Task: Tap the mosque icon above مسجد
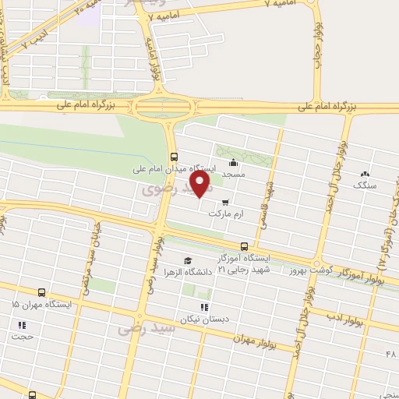(234, 163)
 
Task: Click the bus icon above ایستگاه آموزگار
(244, 245)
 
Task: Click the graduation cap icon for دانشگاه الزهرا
(186, 260)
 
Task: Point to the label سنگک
(364, 185)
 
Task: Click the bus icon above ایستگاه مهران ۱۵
(41, 292)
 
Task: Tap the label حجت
(19, 337)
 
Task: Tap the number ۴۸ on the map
(390, 355)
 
